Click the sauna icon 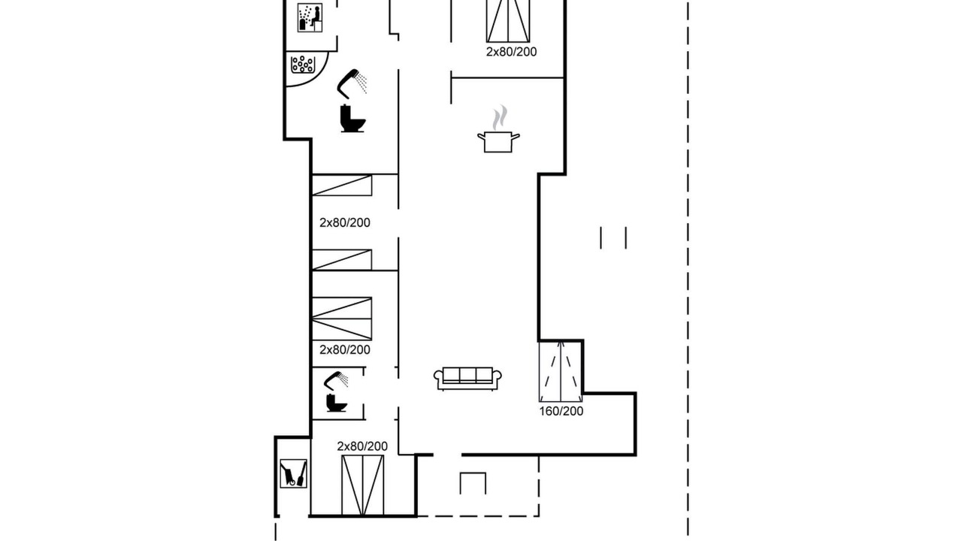click(x=310, y=17)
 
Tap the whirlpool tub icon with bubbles click(x=303, y=65)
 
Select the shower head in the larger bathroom click(x=352, y=83)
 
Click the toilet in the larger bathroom click(x=352, y=118)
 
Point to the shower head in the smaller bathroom click(x=336, y=380)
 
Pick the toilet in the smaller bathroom click(x=336, y=402)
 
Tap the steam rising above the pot click(x=500, y=117)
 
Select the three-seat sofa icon click(x=467, y=379)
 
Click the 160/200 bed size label click(x=561, y=411)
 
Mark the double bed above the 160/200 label click(x=561, y=372)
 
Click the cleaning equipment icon click(x=293, y=473)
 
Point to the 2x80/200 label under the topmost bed click(x=511, y=52)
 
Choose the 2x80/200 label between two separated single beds click(x=344, y=223)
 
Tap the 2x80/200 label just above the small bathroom click(x=344, y=350)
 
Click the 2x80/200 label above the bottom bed click(x=362, y=446)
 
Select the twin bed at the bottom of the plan click(x=362, y=485)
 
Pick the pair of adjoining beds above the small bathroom click(x=342, y=319)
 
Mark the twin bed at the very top click(x=507, y=21)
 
